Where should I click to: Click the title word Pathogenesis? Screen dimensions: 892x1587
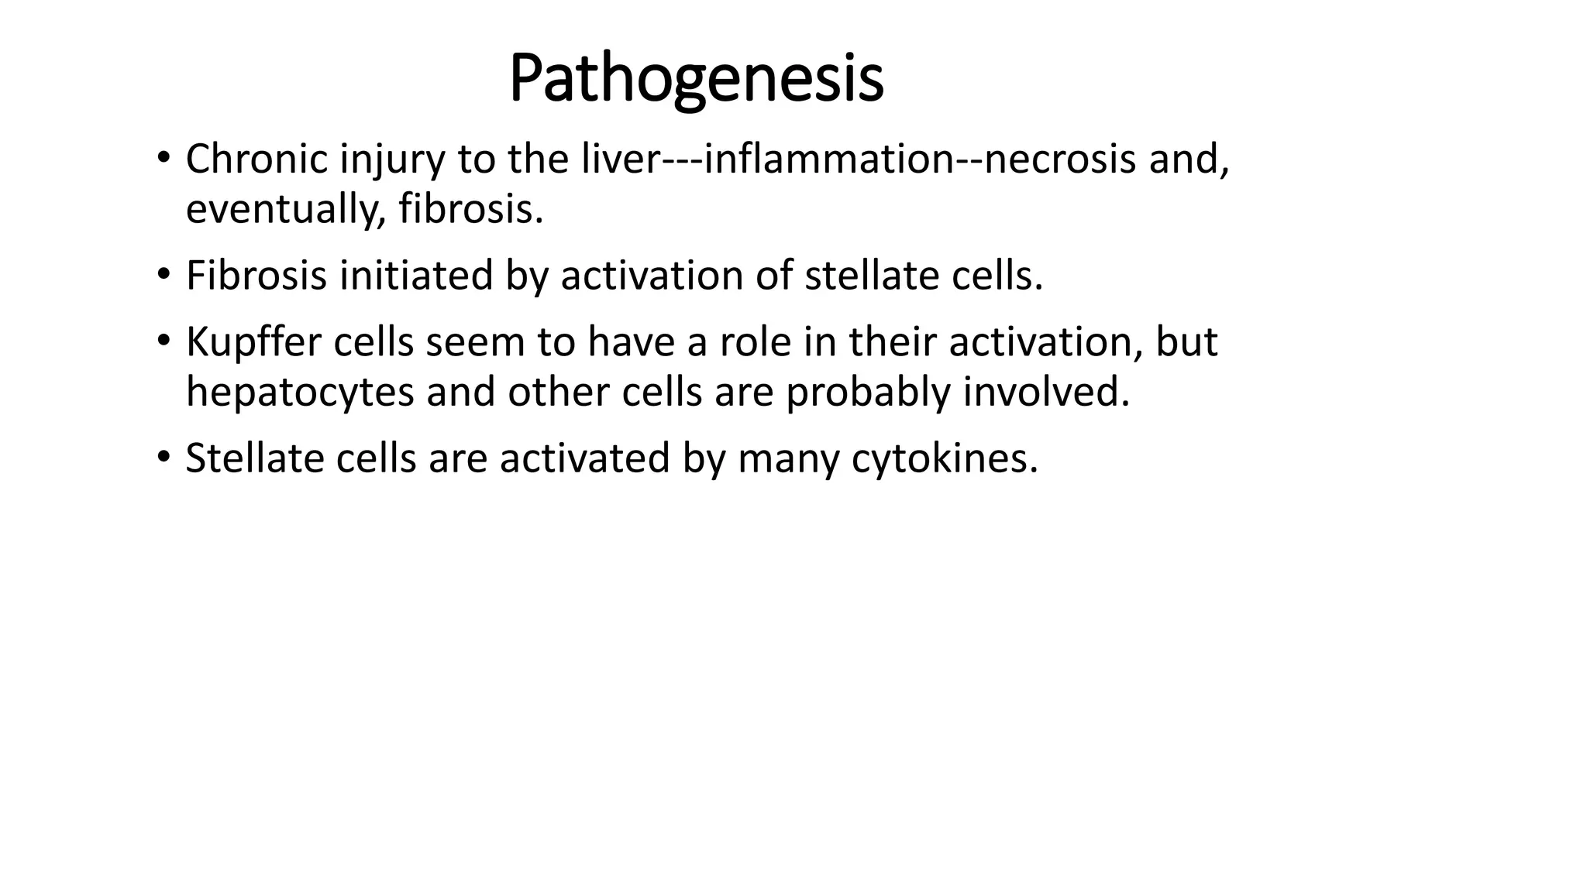tap(696, 79)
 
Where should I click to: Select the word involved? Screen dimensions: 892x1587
tap(1046, 392)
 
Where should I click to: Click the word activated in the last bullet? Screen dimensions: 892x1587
tap(584, 458)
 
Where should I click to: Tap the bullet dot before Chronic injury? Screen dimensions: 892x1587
tap(162, 157)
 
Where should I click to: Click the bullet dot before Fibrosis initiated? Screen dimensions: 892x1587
tap(162, 274)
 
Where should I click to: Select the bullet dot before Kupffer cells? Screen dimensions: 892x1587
tap(162, 340)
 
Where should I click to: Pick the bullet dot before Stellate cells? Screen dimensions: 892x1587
tap(162, 457)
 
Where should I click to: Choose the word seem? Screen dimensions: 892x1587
tap(475, 342)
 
